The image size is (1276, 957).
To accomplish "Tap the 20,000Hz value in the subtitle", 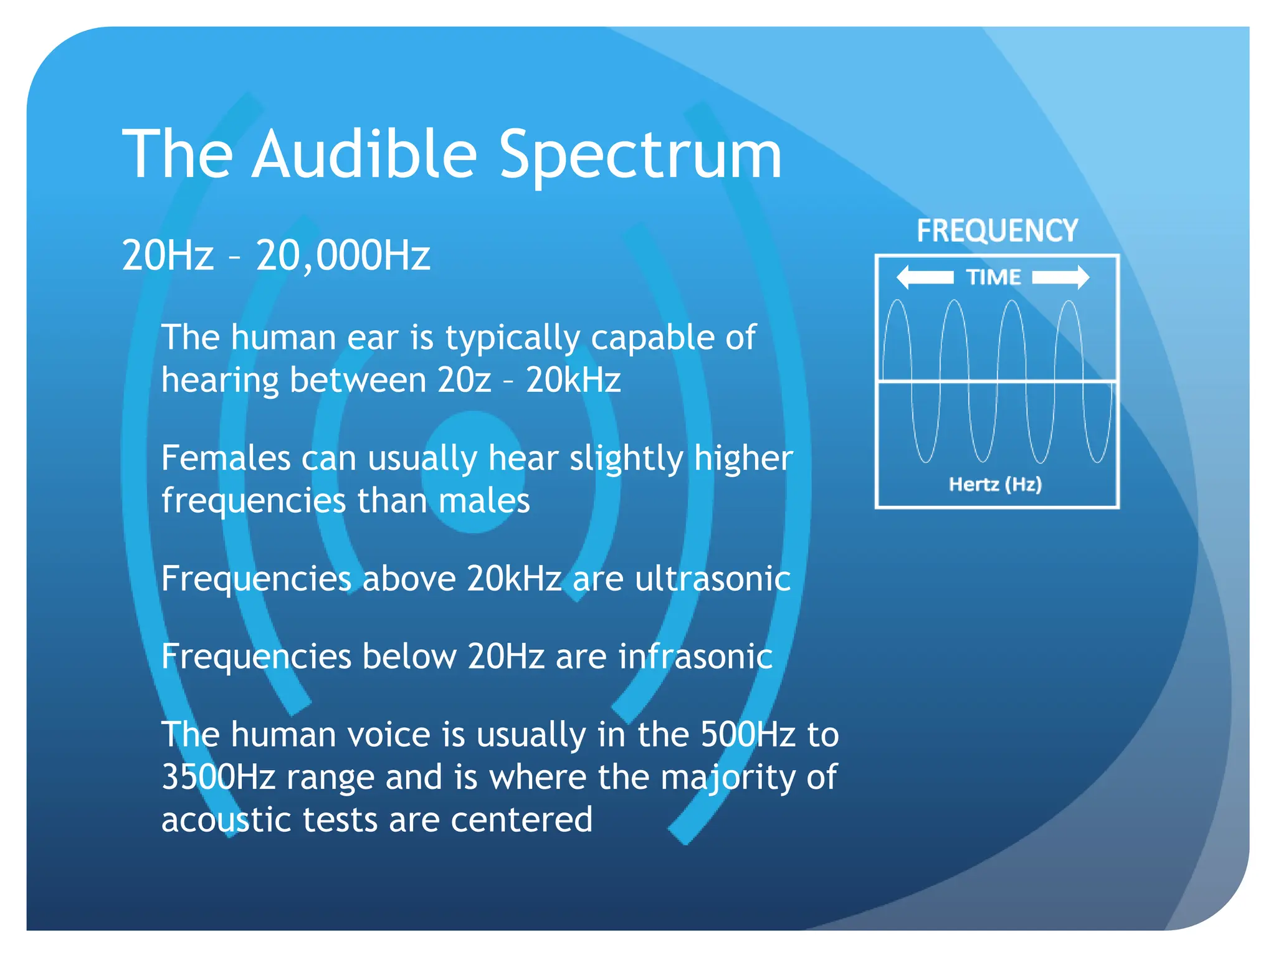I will click(x=343, y=255).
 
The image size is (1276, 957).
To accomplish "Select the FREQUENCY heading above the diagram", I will click(x=997, y=231).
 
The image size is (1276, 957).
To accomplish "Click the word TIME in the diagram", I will click(x=993, y=277).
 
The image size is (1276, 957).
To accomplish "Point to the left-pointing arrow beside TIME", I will click(x=925, y=277).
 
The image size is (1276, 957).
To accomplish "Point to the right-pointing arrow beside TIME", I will click(x=1061, y=277).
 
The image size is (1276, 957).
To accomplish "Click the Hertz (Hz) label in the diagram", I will click(x=995, y=484).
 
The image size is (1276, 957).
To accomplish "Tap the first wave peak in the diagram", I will click(x=897, y=302).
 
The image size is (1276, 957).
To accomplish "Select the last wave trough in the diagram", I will click(x=1098, y=461).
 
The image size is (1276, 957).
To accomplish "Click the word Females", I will click(x=226, y=458).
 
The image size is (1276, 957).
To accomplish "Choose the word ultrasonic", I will click(x=713, y=578).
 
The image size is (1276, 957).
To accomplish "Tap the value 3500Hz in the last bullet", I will click(x=218, y=777).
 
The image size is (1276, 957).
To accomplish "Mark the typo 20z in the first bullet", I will click(x=464, y=380).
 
